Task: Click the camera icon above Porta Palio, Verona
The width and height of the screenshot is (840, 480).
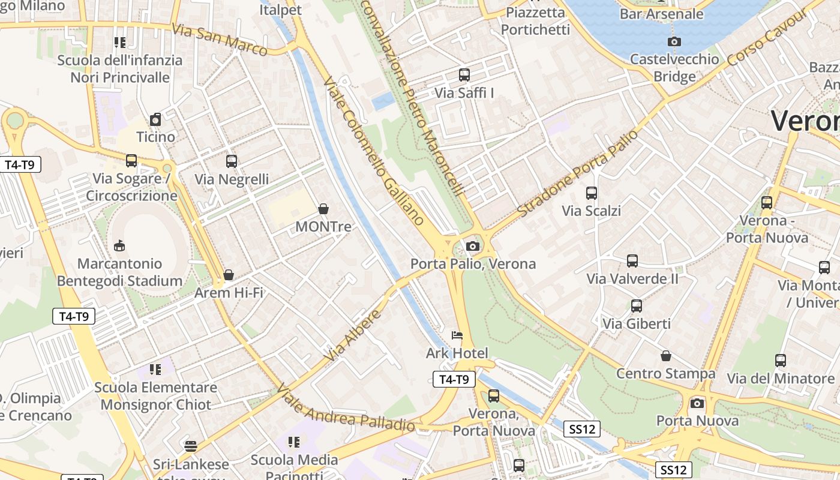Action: [473, 246]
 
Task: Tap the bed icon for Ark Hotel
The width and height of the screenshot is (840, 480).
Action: [457, 335]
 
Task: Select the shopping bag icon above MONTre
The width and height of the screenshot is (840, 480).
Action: [323, 209]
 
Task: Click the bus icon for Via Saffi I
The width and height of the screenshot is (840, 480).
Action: [464, 75]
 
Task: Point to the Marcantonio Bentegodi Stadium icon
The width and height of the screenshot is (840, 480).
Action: [119, 245]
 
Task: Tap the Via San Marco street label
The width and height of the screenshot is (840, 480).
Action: [220, 40]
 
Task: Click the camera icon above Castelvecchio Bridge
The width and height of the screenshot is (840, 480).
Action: [674, 41]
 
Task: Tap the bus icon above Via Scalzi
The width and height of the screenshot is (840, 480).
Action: [592, 193]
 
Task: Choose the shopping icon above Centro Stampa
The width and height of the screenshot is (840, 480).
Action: [666, 356]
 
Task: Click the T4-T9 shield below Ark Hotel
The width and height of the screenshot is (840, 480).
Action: [454, 379]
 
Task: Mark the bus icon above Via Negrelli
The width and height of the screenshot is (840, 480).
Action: [232, 161]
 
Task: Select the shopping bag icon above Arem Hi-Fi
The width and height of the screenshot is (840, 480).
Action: [229, 275]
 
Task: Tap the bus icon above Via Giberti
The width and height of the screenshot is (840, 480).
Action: [637, 306]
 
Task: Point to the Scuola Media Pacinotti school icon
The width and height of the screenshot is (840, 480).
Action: [294, 442]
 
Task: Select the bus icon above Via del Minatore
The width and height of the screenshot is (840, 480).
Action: [781, 361]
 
